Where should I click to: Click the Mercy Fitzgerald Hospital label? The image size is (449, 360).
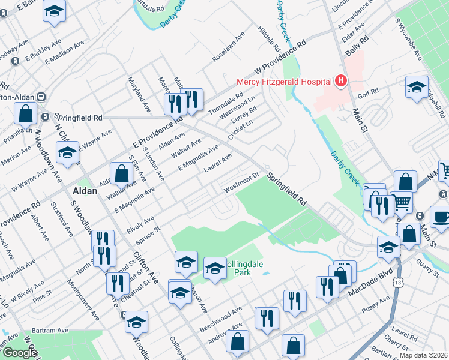click(x=285, y=81)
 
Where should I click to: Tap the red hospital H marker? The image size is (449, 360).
click(x=341, y=80)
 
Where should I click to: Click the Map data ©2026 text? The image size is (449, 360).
click(x=424, y=355)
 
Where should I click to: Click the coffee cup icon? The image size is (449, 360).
click(x=441, y=217)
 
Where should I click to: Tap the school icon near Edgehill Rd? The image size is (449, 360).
click(x=416, y=87)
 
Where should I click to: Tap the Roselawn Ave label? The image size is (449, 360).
click(x=229, y=47)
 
